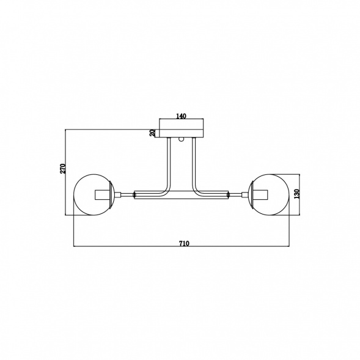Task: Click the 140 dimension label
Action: (x=181, y=116)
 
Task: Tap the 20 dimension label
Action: (x=152, y=133)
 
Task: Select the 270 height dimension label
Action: (x=63, y=168)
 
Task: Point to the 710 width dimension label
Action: (x=184, y=243)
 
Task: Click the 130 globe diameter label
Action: (x=297, y=194)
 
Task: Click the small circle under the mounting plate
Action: (x=182, y=139)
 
